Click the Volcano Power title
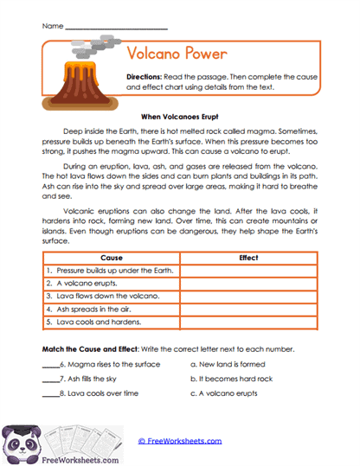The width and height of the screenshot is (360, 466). pos(177,54)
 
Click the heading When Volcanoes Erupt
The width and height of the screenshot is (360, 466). pos(180,115)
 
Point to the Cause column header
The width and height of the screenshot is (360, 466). pos(111,258)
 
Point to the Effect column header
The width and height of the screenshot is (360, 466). pos(247,258)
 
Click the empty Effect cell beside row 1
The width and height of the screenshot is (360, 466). pos(247,270)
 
